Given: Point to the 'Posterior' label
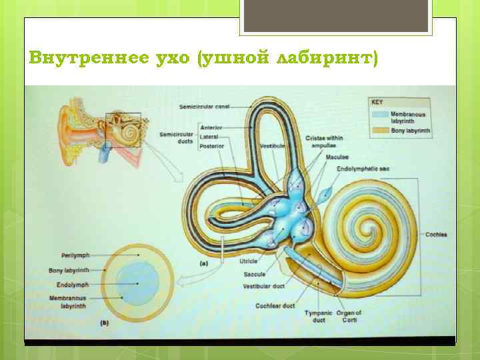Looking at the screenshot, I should click(212, 145).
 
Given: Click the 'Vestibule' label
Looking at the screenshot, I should click(273, 145).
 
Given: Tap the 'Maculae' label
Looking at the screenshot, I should click(337, 157).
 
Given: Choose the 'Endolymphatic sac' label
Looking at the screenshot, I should click(363, 169).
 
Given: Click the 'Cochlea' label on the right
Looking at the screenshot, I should click(437, 235).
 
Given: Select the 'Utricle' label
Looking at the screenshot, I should click(249, 261).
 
